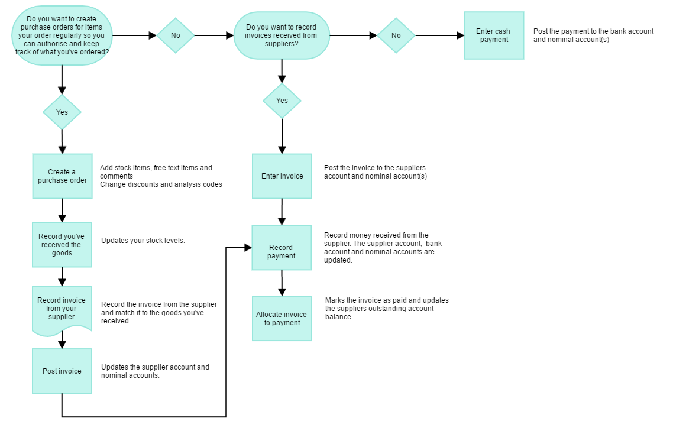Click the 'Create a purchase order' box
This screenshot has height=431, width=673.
62,176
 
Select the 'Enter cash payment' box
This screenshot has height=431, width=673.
494,35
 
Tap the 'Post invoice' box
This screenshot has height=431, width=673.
62,371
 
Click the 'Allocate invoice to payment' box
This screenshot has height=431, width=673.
282,319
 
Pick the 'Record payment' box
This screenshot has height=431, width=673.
282,248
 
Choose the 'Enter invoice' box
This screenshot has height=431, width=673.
282,176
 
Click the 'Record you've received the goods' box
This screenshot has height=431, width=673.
62,245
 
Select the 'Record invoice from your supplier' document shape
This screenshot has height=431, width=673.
62,309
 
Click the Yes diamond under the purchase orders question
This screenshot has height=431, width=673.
62,112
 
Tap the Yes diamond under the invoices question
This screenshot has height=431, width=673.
282,101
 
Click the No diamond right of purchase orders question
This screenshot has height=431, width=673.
176,35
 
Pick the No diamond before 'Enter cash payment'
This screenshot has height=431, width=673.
396,35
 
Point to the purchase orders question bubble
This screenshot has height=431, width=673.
62,35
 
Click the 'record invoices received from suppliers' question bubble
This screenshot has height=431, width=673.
282,35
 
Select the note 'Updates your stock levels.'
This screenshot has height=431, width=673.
143,241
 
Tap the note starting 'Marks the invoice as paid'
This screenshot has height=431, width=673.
387,309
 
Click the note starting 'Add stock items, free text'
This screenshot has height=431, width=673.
161,176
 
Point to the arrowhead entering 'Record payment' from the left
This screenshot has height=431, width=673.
248,248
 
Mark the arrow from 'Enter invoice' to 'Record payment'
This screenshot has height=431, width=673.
282,212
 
